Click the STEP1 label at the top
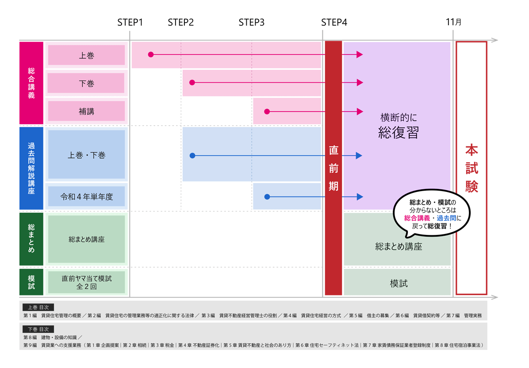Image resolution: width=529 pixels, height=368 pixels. click(130, 23)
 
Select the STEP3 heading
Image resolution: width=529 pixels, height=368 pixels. click(251, 23)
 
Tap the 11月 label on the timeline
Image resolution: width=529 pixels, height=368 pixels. click(453, 22)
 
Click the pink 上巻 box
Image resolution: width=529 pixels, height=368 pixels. click(87, 55)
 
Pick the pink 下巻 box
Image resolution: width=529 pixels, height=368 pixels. click(87, 83)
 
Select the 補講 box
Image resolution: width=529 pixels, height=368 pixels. click(87, 111)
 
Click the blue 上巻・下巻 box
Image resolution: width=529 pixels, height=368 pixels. click(87, 155)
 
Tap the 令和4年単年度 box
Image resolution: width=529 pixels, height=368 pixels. click(87, 196)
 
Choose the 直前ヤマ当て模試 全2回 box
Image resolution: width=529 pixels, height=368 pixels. click(87, 282)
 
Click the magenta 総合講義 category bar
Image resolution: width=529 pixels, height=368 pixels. click(31, 83)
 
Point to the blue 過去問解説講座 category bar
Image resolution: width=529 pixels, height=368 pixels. click(31, 168)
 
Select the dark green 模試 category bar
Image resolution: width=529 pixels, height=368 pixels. click(31, 282)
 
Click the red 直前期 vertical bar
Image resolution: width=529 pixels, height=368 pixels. click(333, 168)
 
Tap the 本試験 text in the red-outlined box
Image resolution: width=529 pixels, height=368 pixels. click(471, 168)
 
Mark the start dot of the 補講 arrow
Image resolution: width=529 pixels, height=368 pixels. click(267, 111)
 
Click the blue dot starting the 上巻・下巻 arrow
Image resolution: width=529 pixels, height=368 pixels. click(192, 156)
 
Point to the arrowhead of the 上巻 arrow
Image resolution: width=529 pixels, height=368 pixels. click(360, 55)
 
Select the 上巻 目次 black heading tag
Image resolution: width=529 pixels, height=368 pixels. click(38, 307)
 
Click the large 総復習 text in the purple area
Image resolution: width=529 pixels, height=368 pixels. click(399, 132)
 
